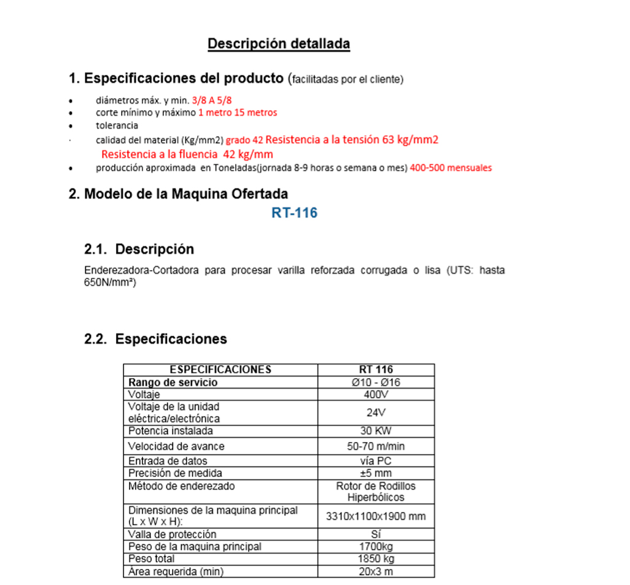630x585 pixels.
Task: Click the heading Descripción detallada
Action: click(279, 44)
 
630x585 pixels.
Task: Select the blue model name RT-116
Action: click(294, 213)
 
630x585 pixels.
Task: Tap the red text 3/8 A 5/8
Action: click(212, 100)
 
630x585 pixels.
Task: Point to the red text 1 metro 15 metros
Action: click(238, 113)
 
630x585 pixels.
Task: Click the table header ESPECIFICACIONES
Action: click(220, 370)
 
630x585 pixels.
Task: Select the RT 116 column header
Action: click(376, 370)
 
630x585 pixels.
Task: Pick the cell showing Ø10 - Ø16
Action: click(376, 382)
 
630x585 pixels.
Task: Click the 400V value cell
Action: click(376, 395)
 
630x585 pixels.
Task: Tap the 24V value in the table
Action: click(376, 413)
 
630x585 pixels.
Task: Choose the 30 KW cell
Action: click(376, 431)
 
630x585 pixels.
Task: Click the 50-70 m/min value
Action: click(376, 446)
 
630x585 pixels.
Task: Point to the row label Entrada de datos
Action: click(168, 461)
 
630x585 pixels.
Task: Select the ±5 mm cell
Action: click(376, 473)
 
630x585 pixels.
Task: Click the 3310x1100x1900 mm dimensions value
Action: click(376, 516)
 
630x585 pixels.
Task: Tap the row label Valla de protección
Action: click(172, 535)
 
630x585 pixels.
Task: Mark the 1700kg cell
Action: click(376, 546)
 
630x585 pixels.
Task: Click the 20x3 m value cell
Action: click(376, 571)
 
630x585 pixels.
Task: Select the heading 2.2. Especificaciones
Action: click(155, 339)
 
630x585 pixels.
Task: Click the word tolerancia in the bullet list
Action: click(117, 126)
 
